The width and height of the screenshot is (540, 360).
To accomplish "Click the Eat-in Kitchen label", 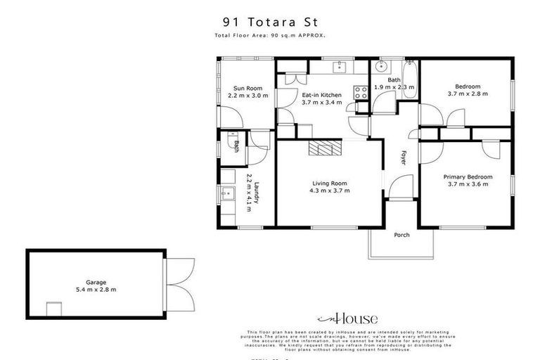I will point(321,95).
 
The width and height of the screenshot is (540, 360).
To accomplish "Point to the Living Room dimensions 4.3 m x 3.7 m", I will point(330,190).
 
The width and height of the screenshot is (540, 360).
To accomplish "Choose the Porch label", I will point(401,235).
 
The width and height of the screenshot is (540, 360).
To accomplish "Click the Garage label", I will point(96,281).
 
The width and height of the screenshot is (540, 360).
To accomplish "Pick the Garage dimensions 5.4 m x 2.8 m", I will point(96,289).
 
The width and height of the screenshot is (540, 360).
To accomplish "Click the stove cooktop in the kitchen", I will point(361,91).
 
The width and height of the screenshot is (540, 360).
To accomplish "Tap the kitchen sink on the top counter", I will point(339,67).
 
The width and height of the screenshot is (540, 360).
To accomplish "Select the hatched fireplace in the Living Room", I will point(326,148).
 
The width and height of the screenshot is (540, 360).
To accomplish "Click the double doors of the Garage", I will point(179,284).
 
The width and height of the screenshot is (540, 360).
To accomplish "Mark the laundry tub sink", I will point(228,193).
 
